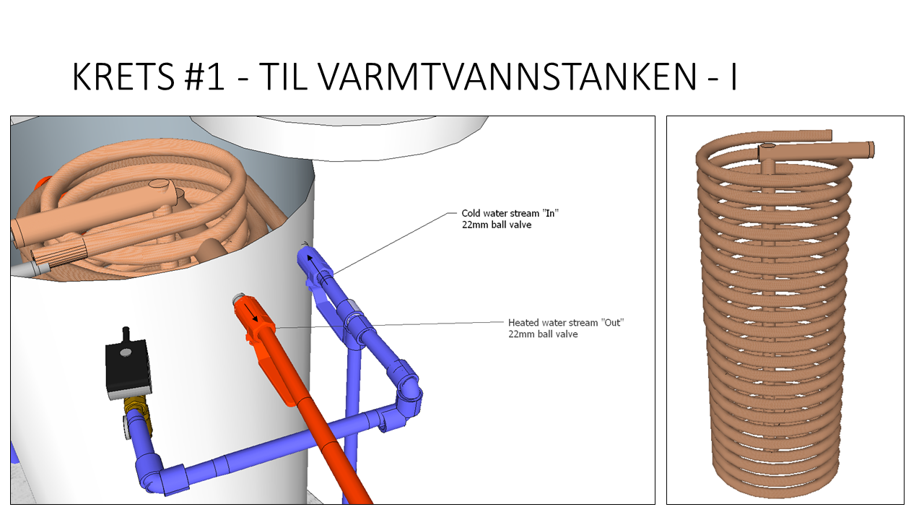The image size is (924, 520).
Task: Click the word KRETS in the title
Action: [x=123, y=77]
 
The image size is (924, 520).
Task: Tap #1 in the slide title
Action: [x=204, y=77]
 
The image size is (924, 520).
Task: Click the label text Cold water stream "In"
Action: [x=510, y=213]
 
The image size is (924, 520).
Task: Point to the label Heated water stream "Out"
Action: [x=566, y=322]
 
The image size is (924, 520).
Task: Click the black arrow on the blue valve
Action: [x=317, y=269]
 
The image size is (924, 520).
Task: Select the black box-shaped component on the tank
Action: [x=128, y=368]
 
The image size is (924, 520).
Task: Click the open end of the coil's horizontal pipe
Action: [x=871, y=149]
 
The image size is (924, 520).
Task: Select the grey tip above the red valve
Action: [x=239, y=299]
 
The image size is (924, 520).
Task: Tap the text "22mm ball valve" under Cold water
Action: [x=497, y=225]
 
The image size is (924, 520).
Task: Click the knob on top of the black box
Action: [x=126, y=333]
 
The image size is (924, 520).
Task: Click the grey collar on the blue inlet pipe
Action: [x=354, y=307]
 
